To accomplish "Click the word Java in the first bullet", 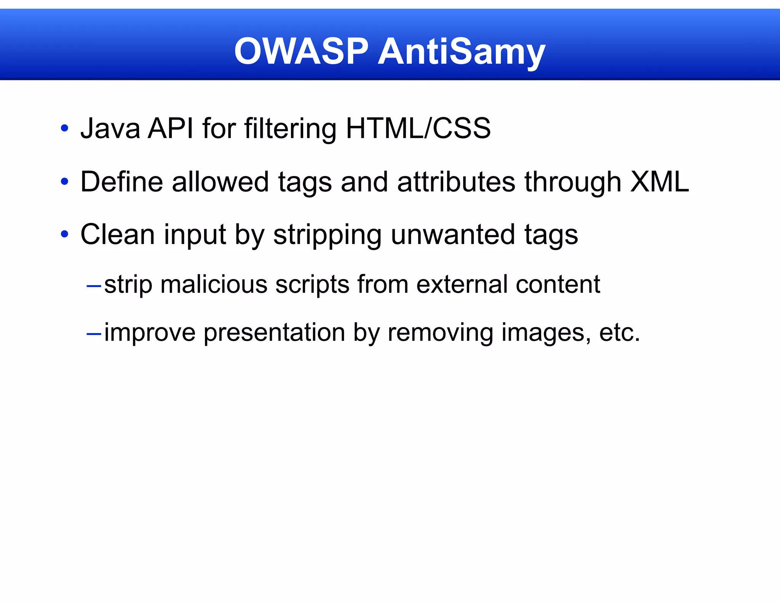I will tap(110, 128).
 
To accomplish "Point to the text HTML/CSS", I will tap(418, 128).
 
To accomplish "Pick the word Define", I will tap(121, 182).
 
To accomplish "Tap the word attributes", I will tap(456, 182).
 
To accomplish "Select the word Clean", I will tap(117, 234).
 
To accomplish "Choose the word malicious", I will tap(214, 284).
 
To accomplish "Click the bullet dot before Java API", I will tap(64, 128).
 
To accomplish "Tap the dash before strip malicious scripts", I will tap(94, 285).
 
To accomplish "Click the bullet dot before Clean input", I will tap(64, 234).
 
